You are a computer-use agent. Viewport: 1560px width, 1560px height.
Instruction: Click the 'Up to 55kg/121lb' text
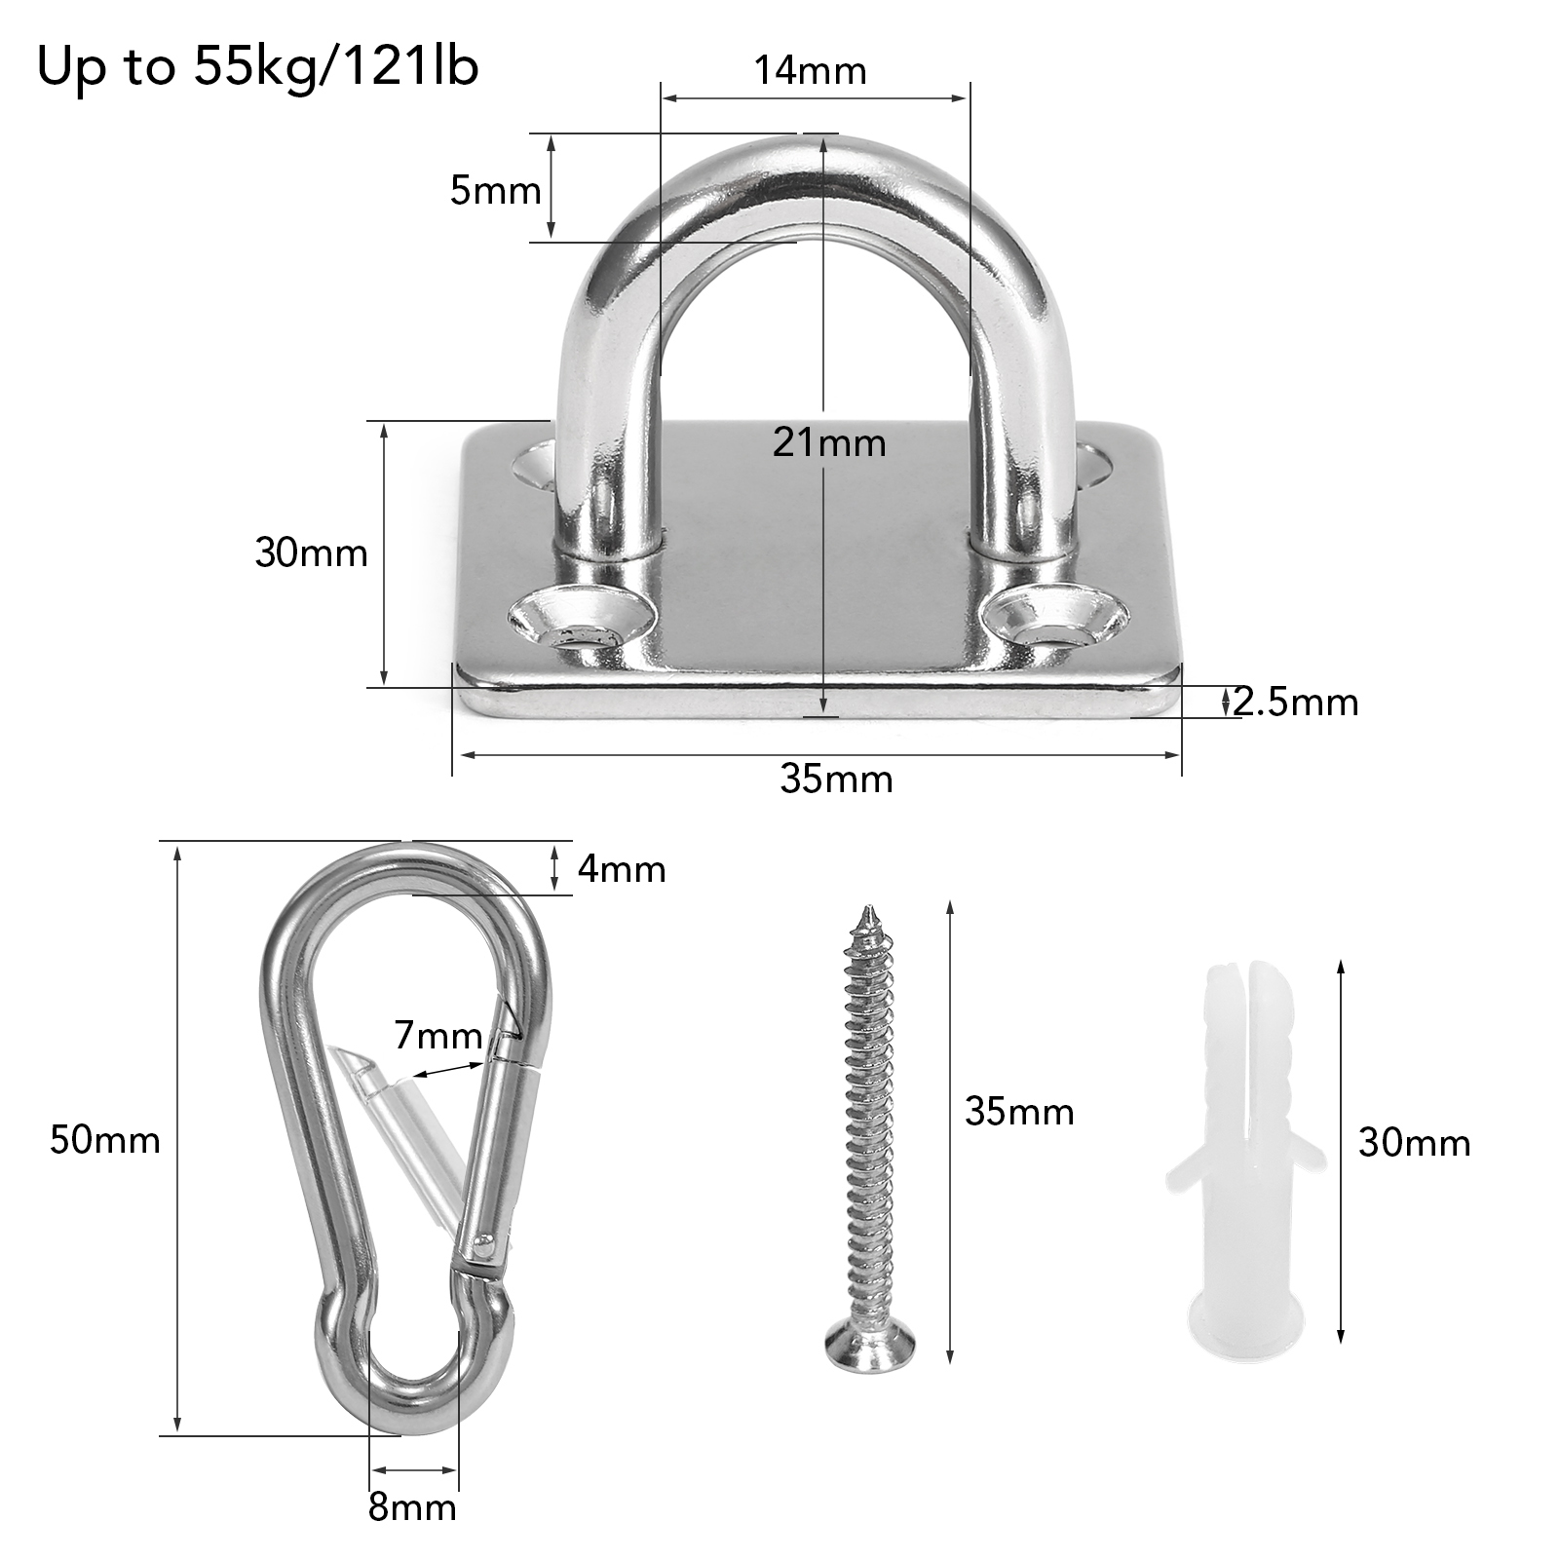[257, 69]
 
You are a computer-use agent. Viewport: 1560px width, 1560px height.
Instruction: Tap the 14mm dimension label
[810, 71]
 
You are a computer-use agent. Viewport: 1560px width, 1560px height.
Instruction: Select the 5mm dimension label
[495, 191]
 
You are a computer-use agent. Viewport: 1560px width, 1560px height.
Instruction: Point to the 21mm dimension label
[829, 443]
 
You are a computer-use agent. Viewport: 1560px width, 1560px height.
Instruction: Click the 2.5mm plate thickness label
[1295, 702]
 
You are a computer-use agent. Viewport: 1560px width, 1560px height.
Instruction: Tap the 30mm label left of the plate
[311, 553]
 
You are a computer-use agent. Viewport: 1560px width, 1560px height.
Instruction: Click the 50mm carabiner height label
[105, 1140]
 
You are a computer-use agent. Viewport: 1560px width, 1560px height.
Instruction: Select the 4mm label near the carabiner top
[622, 869]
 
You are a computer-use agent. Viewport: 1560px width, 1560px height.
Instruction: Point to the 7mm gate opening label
[438, 1035]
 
